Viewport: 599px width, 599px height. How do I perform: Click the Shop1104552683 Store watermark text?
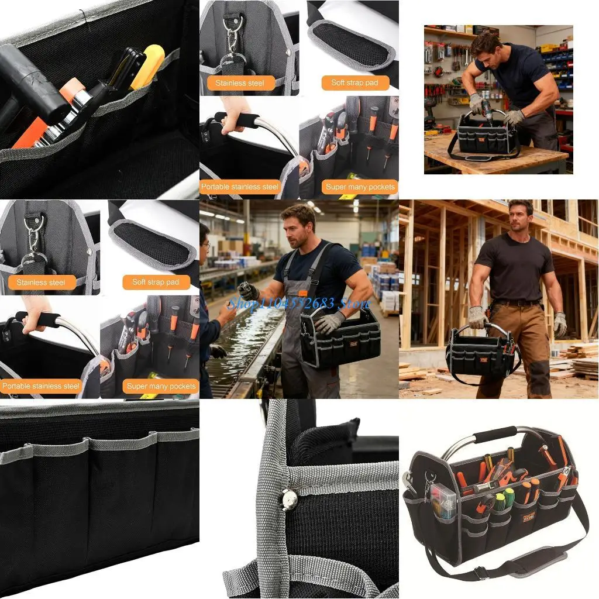[299, 302]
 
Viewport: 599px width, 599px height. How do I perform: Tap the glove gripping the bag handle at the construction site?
[477, 318]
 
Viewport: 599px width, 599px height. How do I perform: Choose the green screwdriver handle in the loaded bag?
[509, 497]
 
